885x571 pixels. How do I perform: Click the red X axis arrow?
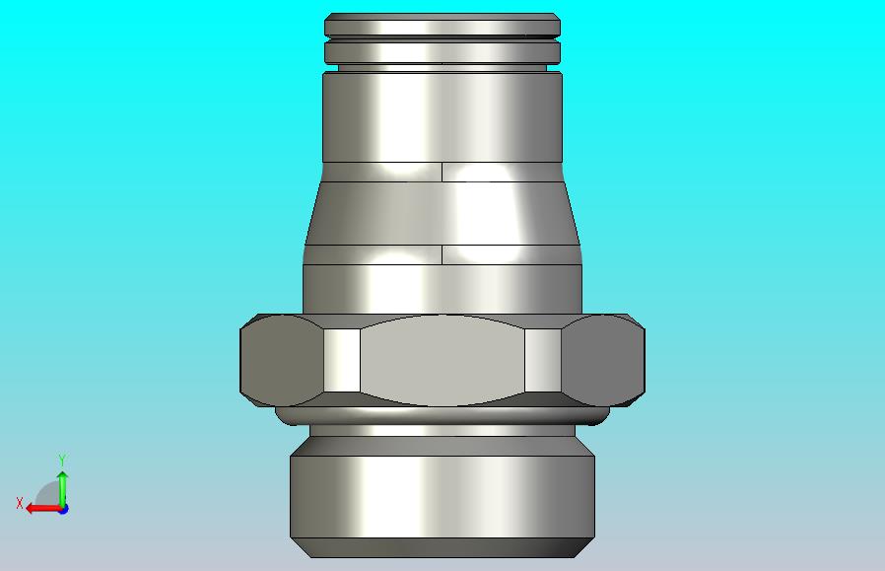pos(43,509)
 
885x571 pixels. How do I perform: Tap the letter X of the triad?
pos(20,503)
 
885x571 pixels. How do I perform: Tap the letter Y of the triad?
pos(63,460)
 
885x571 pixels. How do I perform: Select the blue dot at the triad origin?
pos(63,509)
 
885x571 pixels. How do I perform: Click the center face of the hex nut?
pos(442,360)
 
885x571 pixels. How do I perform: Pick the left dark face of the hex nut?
pos(282,360)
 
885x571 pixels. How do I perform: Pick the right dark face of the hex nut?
pos(603,360)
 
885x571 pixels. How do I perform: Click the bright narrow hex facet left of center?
pos(342,360)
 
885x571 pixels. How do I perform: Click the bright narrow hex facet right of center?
pos(543,360)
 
